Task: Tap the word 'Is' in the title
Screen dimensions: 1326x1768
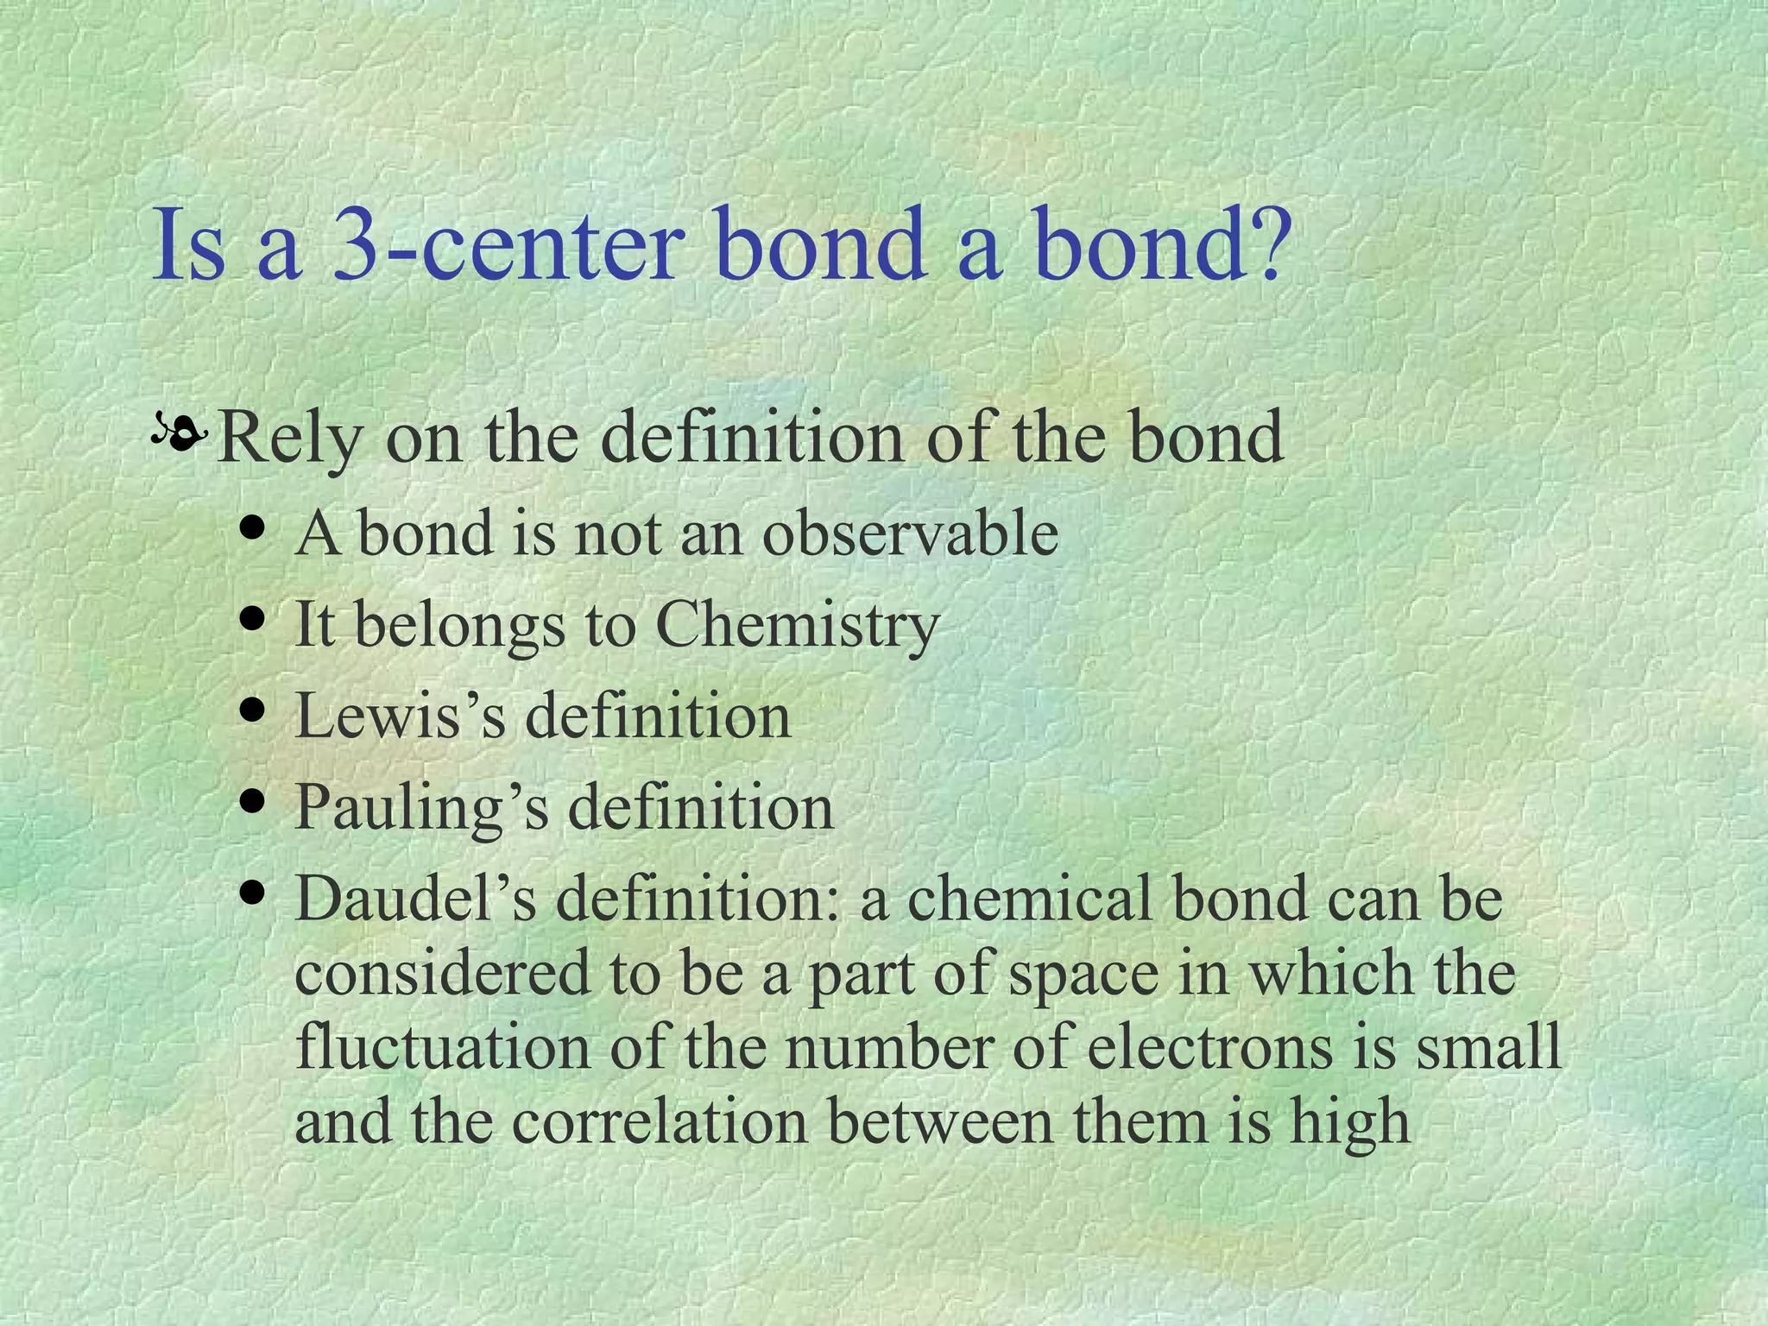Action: pos(188,244)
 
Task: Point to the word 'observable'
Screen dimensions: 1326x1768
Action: pos(910,533)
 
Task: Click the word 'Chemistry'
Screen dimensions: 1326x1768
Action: pos(797,625)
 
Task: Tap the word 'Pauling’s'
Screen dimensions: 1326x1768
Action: pos(421,808)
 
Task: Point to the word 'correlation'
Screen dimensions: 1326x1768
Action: pos(660,1121)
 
